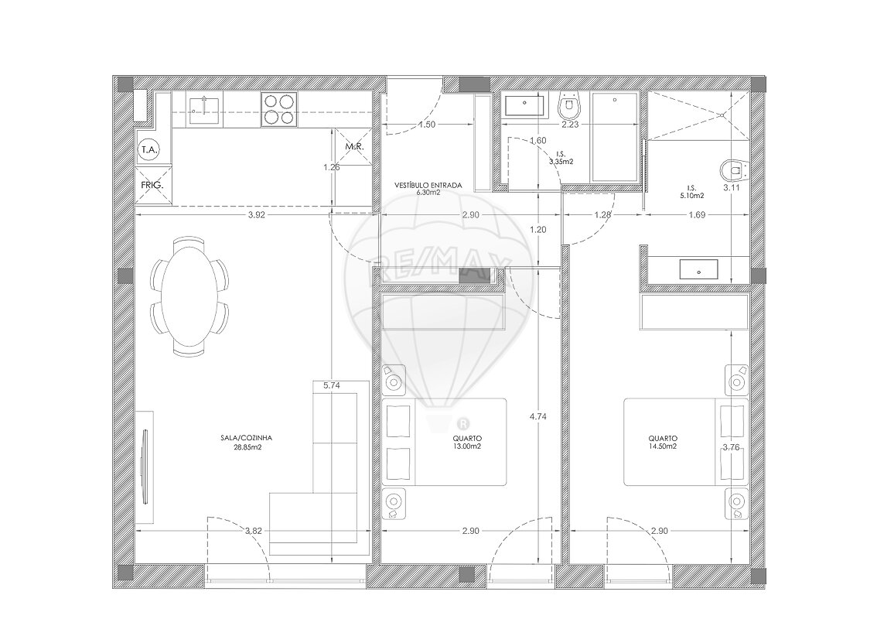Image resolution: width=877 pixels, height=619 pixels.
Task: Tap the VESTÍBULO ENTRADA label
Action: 428,185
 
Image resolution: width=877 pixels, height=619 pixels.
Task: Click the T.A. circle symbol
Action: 149,150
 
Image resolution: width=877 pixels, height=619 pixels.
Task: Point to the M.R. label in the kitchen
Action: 355,147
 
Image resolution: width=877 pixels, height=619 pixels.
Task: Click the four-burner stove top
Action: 278,109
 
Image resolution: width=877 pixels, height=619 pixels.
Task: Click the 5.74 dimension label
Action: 332,385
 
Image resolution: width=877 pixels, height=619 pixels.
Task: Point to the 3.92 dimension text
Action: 256,214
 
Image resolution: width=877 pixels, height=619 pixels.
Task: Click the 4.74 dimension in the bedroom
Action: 537,416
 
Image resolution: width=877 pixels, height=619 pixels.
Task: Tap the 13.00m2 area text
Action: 468,446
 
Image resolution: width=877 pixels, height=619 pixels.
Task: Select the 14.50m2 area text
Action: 663,446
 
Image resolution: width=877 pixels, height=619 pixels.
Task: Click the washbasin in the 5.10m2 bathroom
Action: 698,269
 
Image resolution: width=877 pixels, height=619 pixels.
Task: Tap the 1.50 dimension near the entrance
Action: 427,125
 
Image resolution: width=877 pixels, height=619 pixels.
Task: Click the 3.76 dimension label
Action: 731,447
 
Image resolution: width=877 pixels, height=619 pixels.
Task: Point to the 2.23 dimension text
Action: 569,125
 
